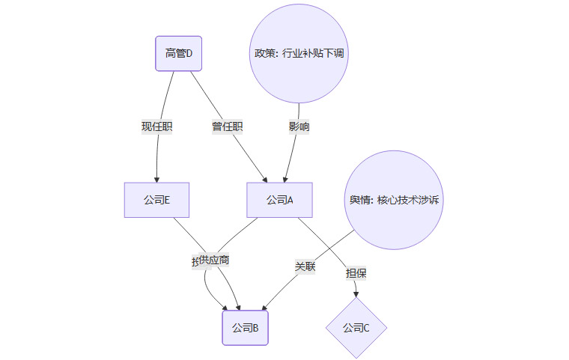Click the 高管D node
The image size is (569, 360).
(179, 53)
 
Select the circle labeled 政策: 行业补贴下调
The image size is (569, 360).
(299, 53)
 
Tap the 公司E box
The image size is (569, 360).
(156, 200)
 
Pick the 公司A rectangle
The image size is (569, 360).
(279, 200)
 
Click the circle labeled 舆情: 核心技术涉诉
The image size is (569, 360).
(395, 200)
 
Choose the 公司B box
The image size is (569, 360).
(245, 327)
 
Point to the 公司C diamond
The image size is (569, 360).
(356, 327)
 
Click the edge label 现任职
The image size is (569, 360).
(157, 126)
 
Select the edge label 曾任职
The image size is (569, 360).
(227, 126)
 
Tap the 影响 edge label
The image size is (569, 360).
(299, 126)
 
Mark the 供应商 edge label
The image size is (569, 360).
(214, 260)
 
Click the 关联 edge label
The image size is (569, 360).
(305, 266)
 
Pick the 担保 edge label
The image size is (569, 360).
(356, 273)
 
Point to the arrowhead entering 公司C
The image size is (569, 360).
(356, 294)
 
